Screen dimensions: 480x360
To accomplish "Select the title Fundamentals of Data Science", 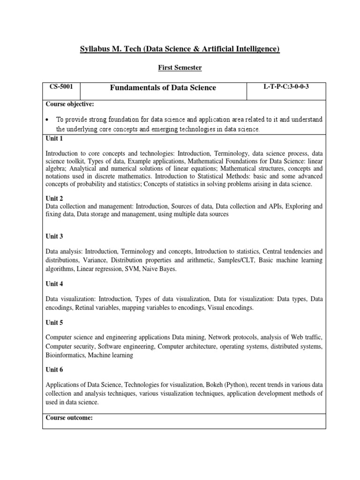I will coord(163,88).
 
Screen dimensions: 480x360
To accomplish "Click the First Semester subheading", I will coord(180,68).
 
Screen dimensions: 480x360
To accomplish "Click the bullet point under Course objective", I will coord(48,120).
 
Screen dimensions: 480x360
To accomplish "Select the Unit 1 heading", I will coord(54,139).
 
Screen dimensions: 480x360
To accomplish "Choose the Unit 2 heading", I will coord(54,199).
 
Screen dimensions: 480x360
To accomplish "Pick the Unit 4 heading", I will coord(54,284).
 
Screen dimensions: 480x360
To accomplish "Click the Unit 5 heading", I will coord(54,322).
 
